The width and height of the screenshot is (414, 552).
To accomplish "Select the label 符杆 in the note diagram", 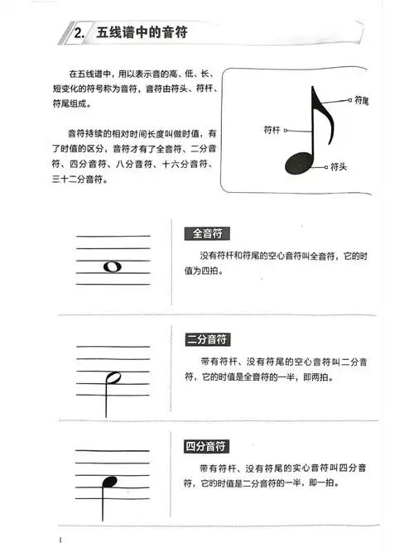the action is (x=272, y=130).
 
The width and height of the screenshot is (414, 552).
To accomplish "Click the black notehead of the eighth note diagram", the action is (x=299, y=162).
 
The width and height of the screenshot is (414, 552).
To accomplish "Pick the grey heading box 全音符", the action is (x=201, y=233).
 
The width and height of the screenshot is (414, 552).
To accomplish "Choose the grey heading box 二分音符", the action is (x=206, y=339).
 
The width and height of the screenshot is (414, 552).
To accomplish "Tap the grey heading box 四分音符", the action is (x=206, y=446).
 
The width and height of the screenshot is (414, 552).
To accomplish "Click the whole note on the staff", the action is (x=113, y=266).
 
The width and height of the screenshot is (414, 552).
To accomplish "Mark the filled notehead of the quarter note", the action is (x=108, y=482).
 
